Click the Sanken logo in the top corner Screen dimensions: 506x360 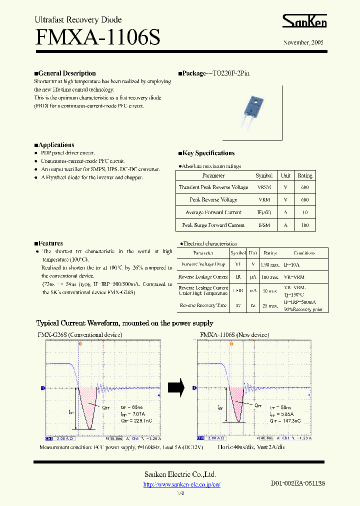coord(304,21)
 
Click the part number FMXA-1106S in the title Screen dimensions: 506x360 coord(97,38)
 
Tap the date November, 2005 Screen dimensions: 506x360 coord(303,43)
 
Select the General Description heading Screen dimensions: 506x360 coord(65,73)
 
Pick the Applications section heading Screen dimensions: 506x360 coord(54,145)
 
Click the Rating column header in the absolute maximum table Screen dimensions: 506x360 coord(304,176)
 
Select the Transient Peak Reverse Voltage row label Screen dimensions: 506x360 coord(213,187)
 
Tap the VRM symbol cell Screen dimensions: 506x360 coord(263,200)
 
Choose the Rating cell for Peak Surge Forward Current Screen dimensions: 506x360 coord(304,225)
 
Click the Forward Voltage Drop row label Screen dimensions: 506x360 coord(203,264)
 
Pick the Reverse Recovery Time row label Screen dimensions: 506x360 coord(203,305)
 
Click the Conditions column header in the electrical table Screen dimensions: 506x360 coord(304,253)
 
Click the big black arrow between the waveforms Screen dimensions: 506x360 coord(176,386)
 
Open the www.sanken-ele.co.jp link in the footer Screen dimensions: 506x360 coord(182,484)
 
